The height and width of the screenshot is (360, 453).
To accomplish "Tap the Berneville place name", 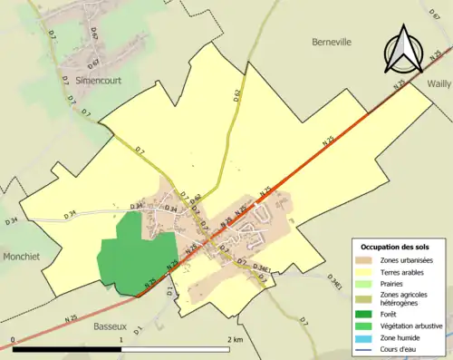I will click(331, 42).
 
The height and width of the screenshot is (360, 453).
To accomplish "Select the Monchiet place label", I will click(20, 257).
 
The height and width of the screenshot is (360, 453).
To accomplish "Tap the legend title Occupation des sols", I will click(400, 247).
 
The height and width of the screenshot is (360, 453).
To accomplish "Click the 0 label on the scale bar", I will click(13, 340).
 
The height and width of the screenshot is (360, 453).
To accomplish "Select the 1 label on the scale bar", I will click(121, 340).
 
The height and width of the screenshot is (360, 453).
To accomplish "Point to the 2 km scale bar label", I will click(235, 340).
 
